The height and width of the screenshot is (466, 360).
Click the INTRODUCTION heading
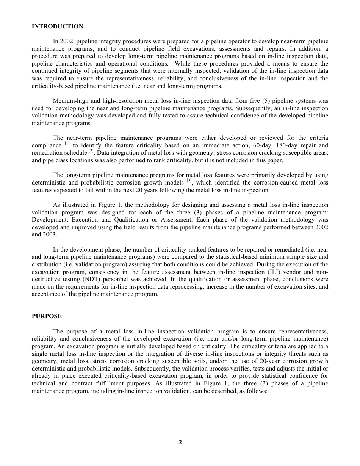click(57, 27)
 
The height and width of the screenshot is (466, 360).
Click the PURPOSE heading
click(47, 316)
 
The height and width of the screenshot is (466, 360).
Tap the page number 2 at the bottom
click(180, 442)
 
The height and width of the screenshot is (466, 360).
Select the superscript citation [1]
click(67, 144)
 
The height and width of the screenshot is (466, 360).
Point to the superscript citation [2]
click(91, 151)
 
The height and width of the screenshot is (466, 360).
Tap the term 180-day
click(290, 145)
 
